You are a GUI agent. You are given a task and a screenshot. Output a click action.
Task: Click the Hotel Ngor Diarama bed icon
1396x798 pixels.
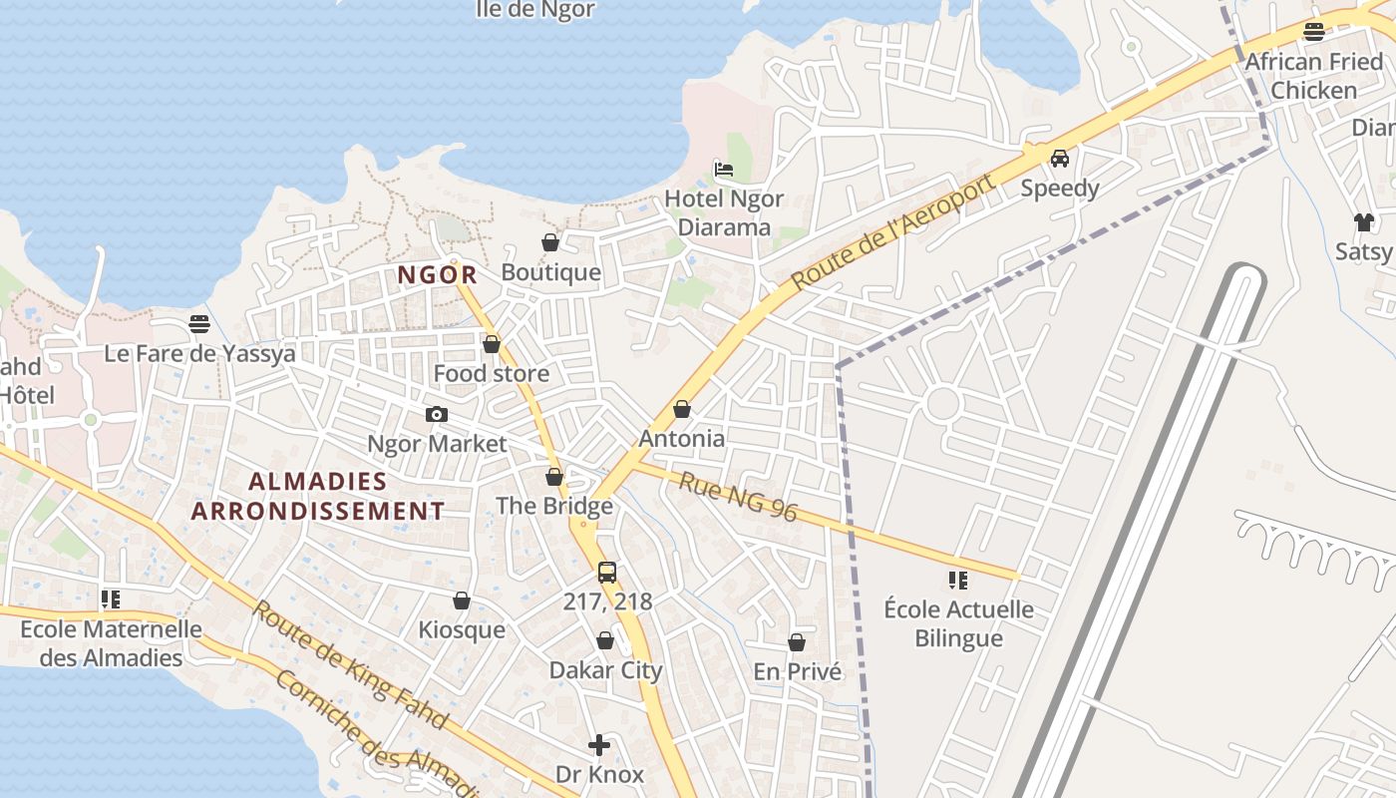(724, 169)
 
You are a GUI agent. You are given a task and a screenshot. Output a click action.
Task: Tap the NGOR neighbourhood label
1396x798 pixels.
(437, 274)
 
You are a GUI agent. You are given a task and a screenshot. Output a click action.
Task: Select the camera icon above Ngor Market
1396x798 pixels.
(436, 414)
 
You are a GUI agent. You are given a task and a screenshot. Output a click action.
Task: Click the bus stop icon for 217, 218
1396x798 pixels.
(607, 572)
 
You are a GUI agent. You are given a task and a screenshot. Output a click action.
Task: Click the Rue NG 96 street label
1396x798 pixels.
(738, 496)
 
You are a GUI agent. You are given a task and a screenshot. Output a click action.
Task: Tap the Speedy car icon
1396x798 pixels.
(1059, 158)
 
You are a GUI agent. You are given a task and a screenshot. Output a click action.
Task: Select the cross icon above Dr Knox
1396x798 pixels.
(598, 744)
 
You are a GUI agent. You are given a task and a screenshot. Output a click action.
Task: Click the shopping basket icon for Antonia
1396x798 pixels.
(682, 409)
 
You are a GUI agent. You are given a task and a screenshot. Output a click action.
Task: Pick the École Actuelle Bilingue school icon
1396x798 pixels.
(958, 580)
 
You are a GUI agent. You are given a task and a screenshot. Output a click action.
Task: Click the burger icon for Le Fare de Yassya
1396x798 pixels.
(199, 324)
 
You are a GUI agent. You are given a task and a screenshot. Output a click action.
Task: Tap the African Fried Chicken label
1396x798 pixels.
(1313, 76)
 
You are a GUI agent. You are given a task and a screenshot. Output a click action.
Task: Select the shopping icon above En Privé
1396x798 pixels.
(797, 642)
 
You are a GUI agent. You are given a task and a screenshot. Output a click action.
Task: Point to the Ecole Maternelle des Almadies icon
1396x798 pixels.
(111, 599)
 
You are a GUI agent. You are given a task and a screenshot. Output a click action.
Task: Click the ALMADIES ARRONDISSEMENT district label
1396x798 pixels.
(317, 496)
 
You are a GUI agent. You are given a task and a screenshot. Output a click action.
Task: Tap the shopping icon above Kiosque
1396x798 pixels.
(461, 600)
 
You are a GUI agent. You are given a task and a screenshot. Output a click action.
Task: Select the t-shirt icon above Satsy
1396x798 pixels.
(1363, 221)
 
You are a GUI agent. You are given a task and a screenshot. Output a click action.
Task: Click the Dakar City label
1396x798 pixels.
(605, 670)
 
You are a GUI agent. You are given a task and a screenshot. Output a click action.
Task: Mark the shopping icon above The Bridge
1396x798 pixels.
(554, 477)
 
